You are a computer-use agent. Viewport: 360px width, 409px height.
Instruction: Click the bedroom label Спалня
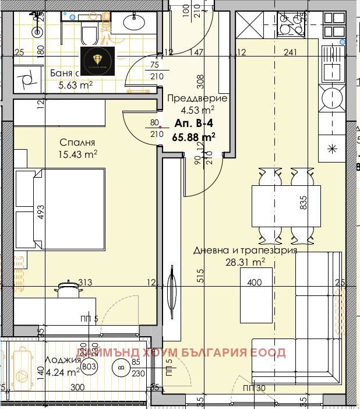click(x=77, y=142)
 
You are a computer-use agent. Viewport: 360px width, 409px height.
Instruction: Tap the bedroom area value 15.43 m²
click(x=78, y=154)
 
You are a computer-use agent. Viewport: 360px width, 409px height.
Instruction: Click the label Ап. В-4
click(x=190, y=124)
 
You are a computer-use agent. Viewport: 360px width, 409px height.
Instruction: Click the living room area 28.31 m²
click(x=245, y=262)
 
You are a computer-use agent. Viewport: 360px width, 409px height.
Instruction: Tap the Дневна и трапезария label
click(x=245, y=251)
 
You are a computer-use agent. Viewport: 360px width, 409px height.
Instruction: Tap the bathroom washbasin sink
click(x=130, y=23)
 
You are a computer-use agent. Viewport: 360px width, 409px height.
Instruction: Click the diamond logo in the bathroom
click(x=97, y=61)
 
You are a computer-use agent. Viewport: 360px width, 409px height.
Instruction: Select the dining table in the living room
click(x=286, y=206)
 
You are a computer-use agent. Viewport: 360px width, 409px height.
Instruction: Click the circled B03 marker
click(x=89, y=368)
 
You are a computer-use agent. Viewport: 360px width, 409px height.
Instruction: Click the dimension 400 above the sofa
click(x=255, y=283)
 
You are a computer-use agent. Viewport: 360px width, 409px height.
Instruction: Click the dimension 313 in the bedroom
click(x=86, y=283)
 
